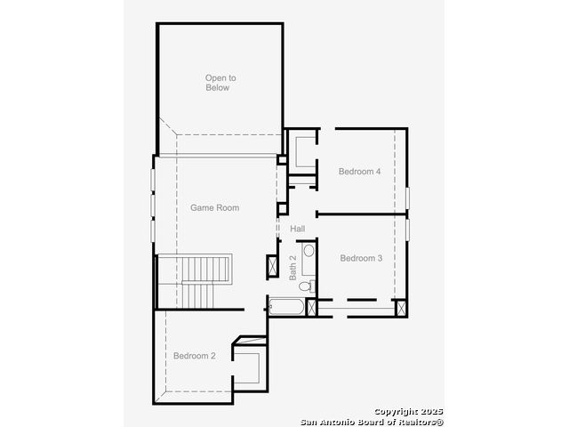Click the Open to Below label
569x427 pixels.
coord(220,83)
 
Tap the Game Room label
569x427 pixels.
coord(215,207)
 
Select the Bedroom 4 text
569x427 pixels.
coord(359,172)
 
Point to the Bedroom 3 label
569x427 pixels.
coord(361,258)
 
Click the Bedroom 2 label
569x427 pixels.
coord(195,356)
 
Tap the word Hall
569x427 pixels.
coord(298,229)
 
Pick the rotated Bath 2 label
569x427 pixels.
coord(293,268)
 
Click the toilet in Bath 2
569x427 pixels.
coord(308,286)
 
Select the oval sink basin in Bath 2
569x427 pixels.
coord(309,251)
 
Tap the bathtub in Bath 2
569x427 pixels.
coord(286,307)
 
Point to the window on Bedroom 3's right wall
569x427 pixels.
coord(407,230)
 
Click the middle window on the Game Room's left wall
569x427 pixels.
coord(153,205)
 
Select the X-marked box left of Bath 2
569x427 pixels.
coord(272,266)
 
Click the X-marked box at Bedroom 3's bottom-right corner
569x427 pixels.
coord(400,308)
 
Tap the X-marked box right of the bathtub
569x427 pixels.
coord(311,307)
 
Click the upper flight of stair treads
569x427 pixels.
coord(205,269)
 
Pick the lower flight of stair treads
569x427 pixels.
coord(197,296)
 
